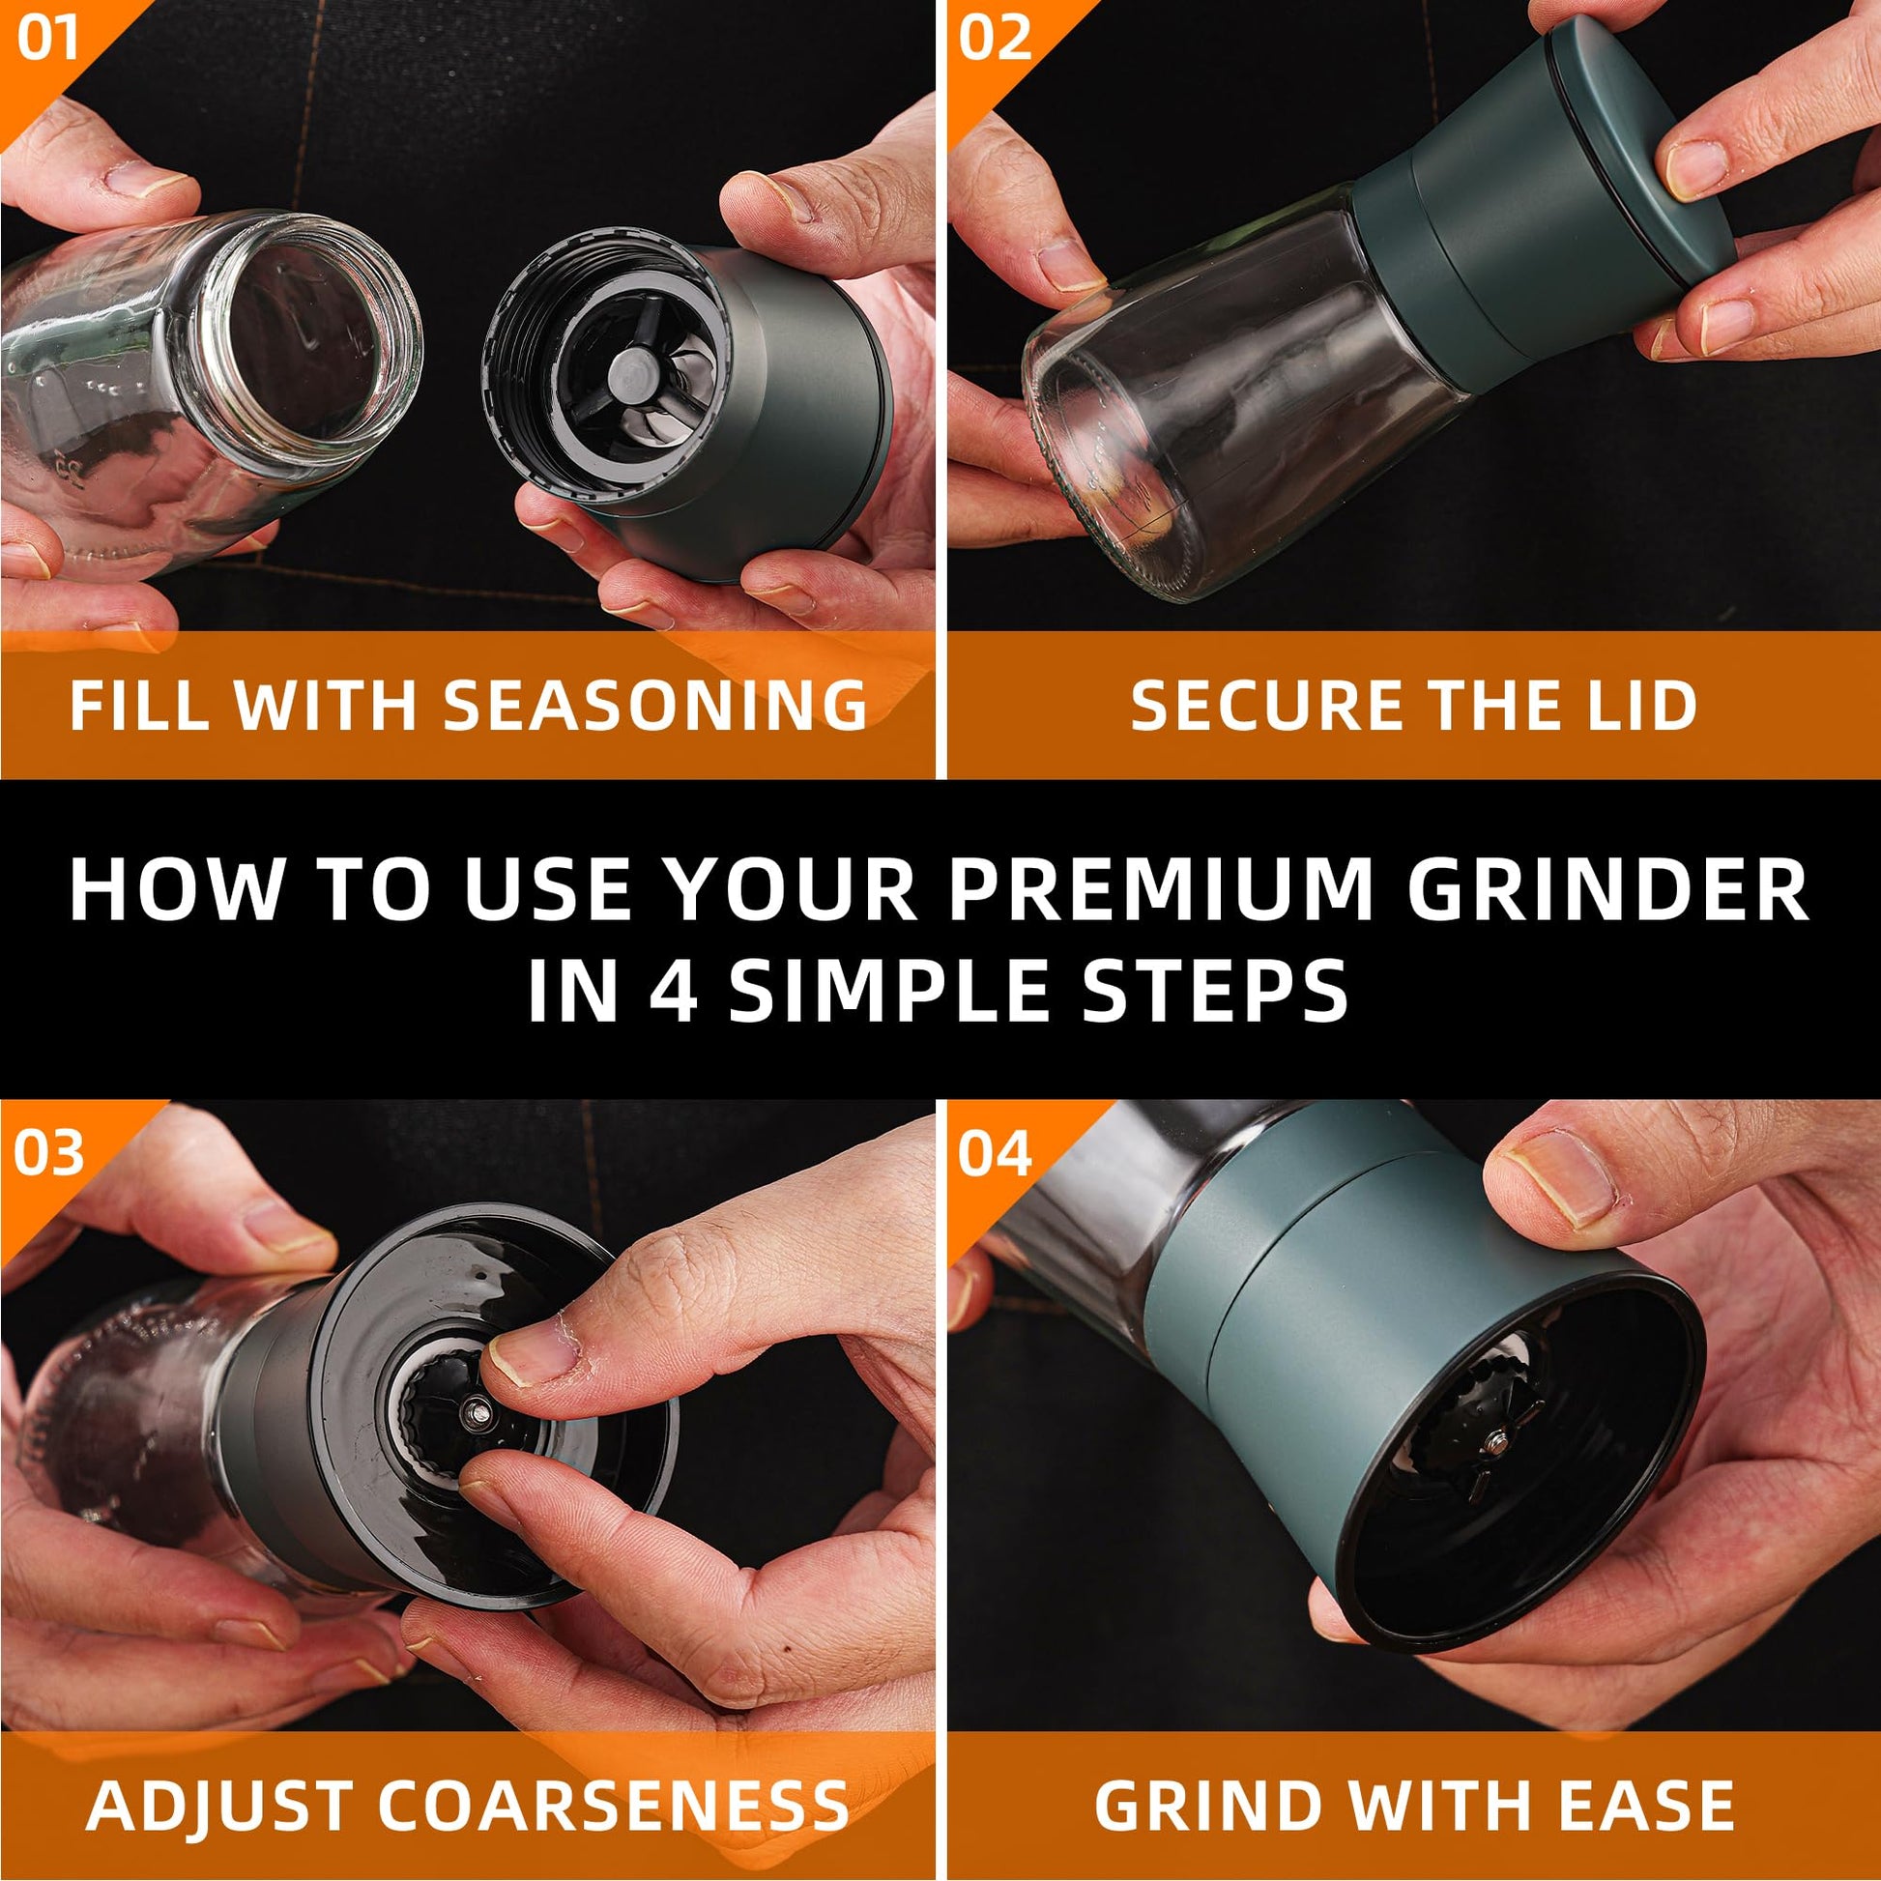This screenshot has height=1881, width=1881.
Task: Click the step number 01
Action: pos(46,40)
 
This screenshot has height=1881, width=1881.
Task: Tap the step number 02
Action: pos(994,40)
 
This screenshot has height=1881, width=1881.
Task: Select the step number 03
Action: pos(48,1154)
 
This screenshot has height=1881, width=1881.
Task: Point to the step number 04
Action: pos(994,1154)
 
